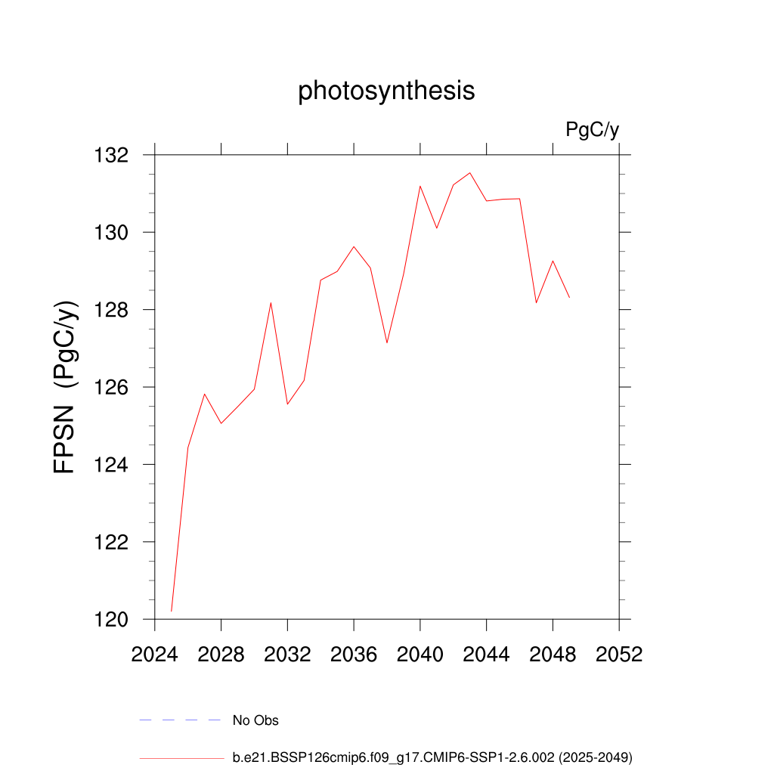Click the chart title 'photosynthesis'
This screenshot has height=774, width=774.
[x=386, y=91]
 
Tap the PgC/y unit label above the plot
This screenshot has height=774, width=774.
[x=592, y=130]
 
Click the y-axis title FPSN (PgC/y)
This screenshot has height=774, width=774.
[x=66, y=387]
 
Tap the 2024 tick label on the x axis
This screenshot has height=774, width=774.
[x=154, y=655]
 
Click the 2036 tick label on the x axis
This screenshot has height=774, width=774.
[x=353, y=655]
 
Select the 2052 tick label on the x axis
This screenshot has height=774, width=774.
[x=618, y=655]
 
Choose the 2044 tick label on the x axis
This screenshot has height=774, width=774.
[x=486, y=655]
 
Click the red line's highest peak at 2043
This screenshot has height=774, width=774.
[x=470, y=172]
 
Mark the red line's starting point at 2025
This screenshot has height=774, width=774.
[x=172, y=611]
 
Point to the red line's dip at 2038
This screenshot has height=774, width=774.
[x=387, y=342]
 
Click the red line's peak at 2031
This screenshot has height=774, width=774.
[x=271, y=303]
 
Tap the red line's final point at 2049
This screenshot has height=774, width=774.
[x=569, y=297]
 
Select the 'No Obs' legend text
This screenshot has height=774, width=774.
[x=255, y=720]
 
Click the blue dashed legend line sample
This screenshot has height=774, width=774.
[x=180, y=720]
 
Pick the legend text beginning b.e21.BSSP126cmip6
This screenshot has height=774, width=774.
[x=432, y=757]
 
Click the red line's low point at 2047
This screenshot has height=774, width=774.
[x=536, y=302]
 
